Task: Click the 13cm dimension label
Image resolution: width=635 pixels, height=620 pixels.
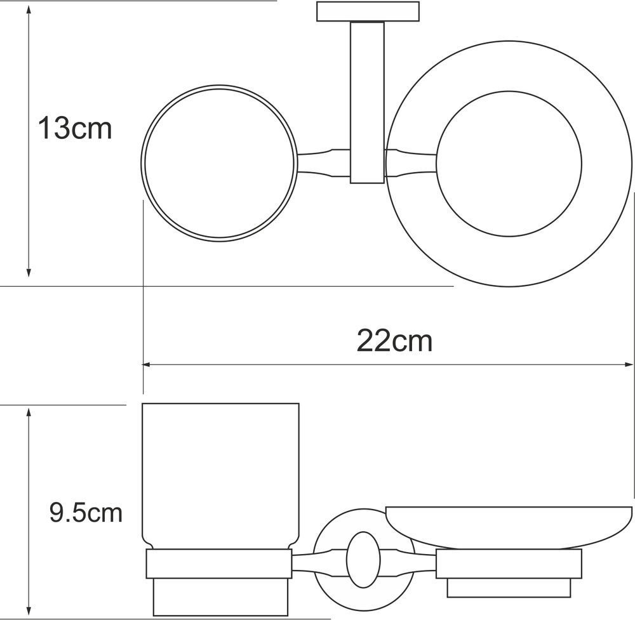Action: [x=75, y=128]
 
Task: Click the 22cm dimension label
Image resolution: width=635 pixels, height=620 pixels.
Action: [x=394, y=341]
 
